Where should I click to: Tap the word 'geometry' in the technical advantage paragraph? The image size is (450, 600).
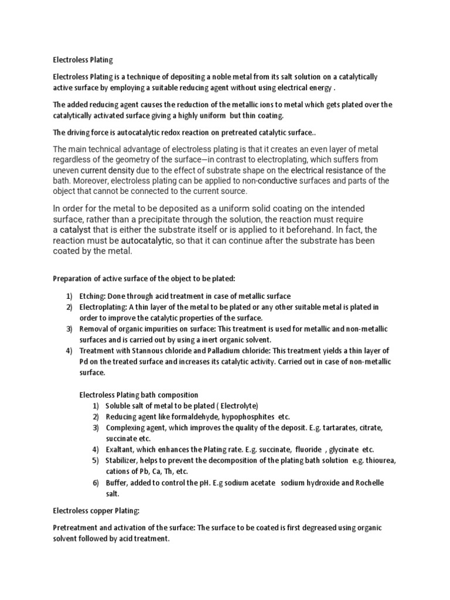122,159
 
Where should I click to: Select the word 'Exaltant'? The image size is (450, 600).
121,449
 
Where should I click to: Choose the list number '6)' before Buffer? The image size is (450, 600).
96,482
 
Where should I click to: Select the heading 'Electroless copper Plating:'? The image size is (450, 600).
97,510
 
